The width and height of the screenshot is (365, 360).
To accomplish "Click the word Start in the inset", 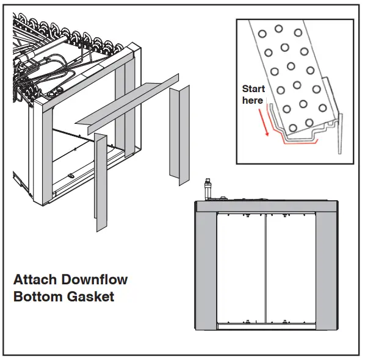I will click(x=253, y=89).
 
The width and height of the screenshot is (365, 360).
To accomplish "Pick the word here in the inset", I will click(x=252, y=100).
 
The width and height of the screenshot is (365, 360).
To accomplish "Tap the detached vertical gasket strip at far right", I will click(x=180, y=134).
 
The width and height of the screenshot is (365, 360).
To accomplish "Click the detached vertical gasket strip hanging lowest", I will click(x=101, y=183).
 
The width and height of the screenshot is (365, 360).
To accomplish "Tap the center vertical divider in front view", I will click(x=266, y=268).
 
